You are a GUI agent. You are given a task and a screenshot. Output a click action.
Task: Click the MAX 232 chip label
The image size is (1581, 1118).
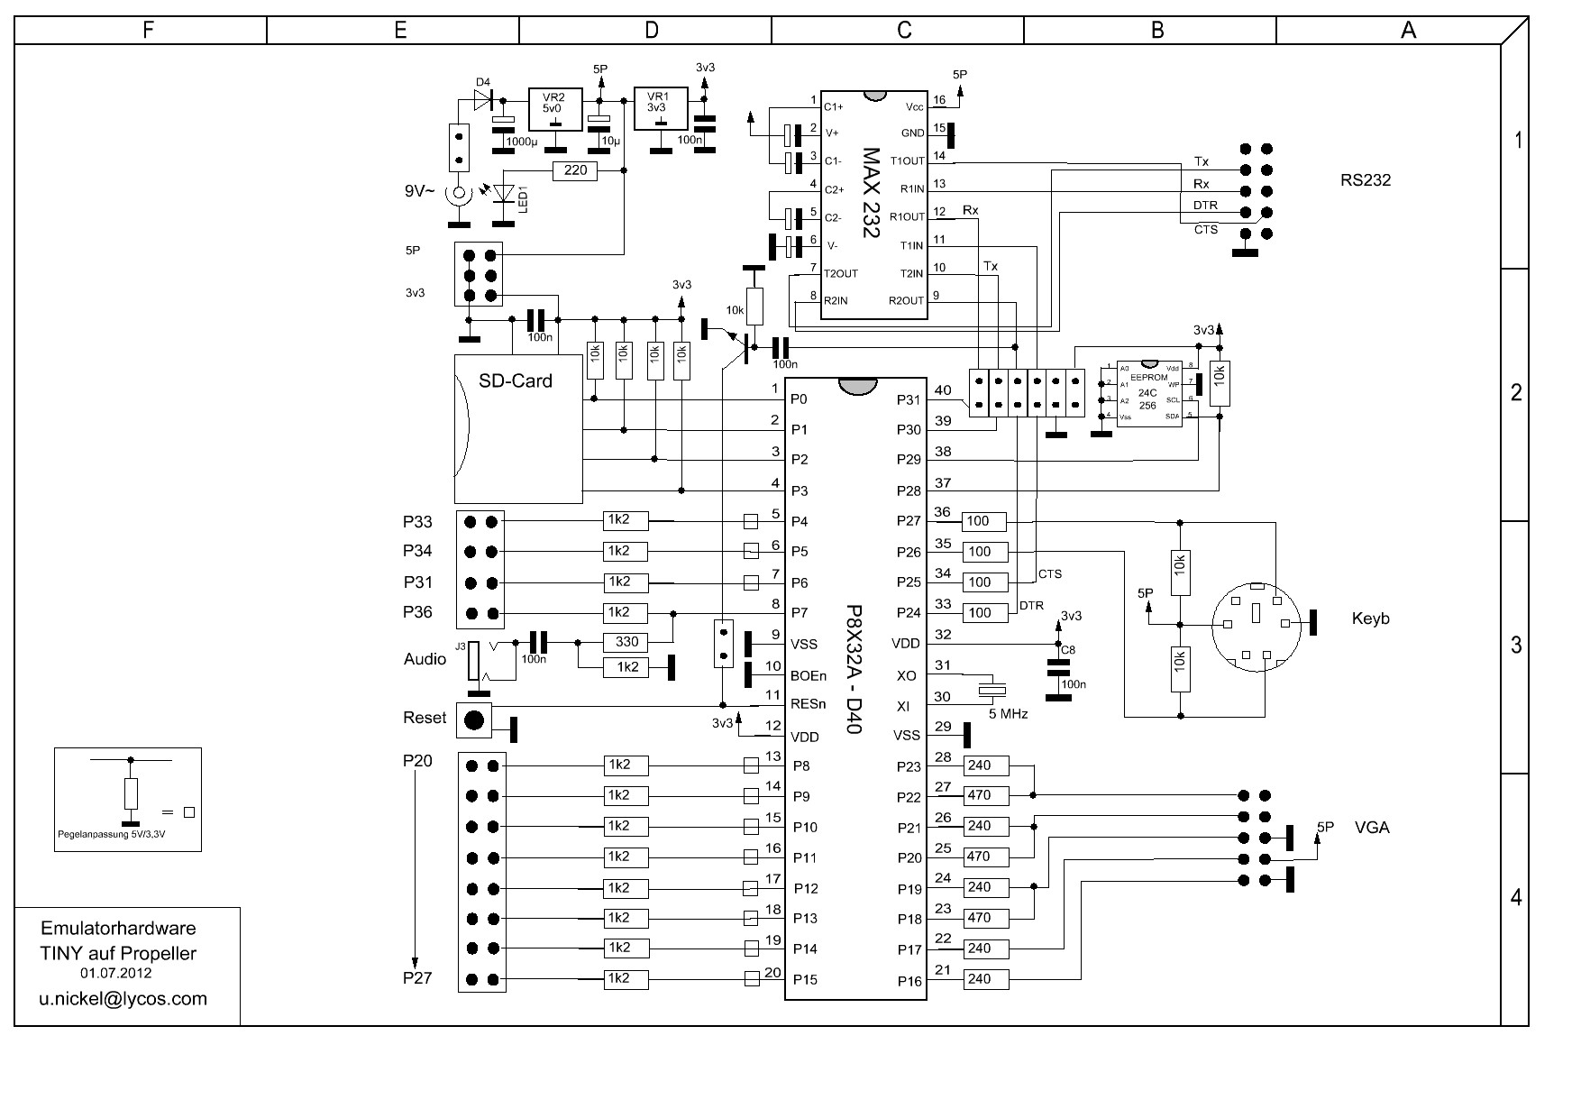pyautogui.click(x=870, y=193)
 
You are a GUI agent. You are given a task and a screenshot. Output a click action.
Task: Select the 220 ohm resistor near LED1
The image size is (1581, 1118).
pyautogui.click(x=575, y=170)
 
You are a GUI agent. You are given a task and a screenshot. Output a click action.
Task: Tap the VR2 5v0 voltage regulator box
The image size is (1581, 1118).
pyautogui.click(x=554, y=109)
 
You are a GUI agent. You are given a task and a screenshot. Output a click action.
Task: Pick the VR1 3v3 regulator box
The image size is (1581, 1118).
pyautogui.click(x=660, y=109)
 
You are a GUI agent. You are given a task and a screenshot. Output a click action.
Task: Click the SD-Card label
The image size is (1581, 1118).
pyautogui.click(x=516, y=381)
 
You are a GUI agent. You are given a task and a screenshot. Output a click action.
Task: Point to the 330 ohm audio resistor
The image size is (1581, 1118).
pyautogui.click(x=626, y=642)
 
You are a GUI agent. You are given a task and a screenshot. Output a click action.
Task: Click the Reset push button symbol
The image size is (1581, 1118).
pyautogui.click(x=474, y=719)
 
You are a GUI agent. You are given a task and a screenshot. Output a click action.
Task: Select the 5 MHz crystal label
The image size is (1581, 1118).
pyautogui.click(x=1008, y=713)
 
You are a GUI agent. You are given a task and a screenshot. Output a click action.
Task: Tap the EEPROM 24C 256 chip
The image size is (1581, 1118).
pyautogui.click(x=1148, y=393)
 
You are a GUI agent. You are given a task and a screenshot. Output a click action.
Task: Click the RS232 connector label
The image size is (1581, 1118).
pyautogui.click(x=1365, y=180)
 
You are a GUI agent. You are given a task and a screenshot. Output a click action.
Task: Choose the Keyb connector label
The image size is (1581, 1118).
pyautogui.click(x=1370, y=619)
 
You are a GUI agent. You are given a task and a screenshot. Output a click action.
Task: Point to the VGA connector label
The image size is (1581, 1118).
pyautogui.click(x=1371, y=828)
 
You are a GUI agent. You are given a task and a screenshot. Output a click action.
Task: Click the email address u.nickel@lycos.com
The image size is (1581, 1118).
pyautogui.click(x=123, y=999)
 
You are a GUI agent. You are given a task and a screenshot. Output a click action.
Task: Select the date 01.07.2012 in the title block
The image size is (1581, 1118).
pyautogui.click(x=116, y=974)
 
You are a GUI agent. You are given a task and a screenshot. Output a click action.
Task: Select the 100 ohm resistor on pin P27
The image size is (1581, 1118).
pyautogui.click(x=983, y=521)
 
